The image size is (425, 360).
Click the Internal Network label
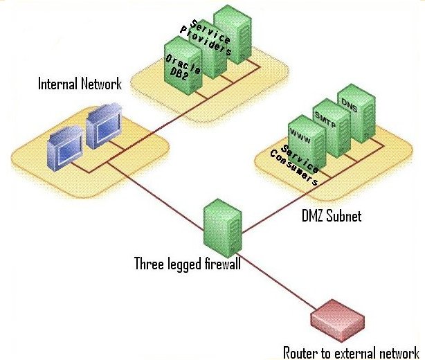(x=80, y=84)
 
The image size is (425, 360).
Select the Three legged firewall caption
(x=187, y=264)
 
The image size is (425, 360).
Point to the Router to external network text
(x=351, y=351)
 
